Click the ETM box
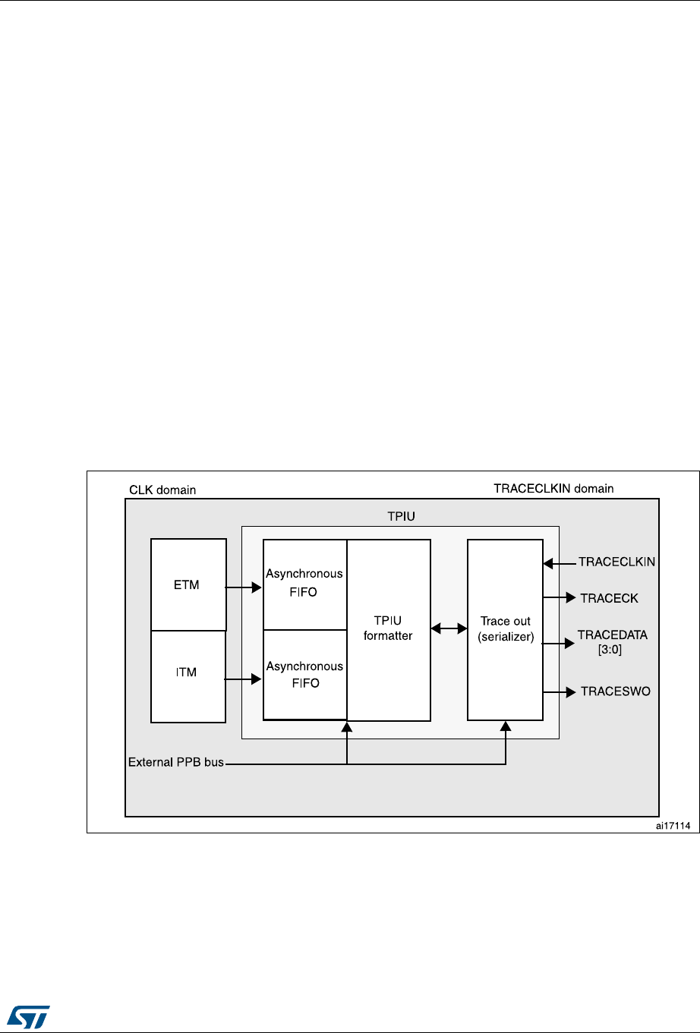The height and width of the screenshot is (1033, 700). click(188, 584)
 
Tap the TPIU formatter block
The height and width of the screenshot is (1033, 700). click(389, 629)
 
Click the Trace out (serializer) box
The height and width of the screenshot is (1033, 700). click(505, 629)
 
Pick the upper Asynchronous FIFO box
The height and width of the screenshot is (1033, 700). click(304, 584)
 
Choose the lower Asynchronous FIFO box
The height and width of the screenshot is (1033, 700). click(304, 675)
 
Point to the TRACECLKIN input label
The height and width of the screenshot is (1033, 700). click(616, 562)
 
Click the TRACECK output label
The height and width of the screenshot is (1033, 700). click(609, 598)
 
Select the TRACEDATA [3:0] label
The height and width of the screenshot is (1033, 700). click(612, 642)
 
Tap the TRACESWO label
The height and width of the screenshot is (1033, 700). click(615, 691)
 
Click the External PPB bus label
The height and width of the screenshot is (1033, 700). click(176, 762)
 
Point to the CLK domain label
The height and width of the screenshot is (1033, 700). click(162, 490)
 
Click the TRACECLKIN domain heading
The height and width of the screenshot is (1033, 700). click(553, 489)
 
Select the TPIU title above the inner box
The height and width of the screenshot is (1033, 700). click(401, 517)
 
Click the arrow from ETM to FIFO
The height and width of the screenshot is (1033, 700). click(244, 587)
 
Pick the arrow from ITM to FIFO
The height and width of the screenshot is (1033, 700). click(244, 680)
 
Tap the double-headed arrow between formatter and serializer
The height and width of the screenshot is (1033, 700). click(449, 628)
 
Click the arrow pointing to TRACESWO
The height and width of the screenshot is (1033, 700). click(560, 691)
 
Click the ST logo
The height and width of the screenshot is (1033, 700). click(29, 1015)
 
